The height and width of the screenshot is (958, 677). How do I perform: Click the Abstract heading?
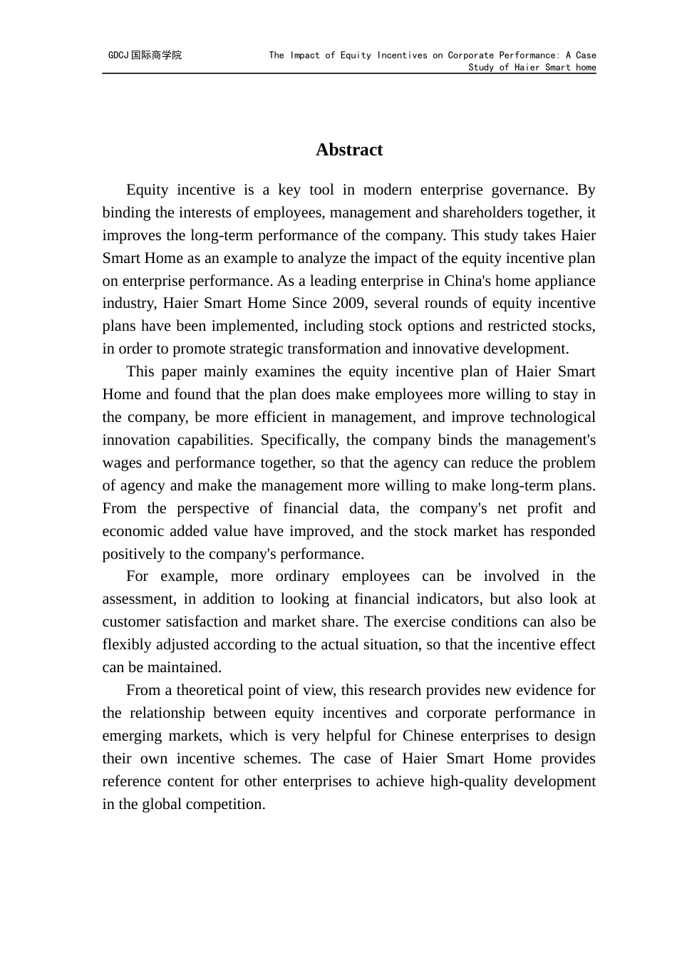[349, 150]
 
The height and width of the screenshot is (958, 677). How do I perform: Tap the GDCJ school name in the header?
[145, 55]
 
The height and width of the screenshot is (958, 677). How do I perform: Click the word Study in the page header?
[481, 68]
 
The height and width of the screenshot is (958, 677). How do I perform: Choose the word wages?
[122, 463]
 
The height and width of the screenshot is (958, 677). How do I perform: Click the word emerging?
[132, 736]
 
